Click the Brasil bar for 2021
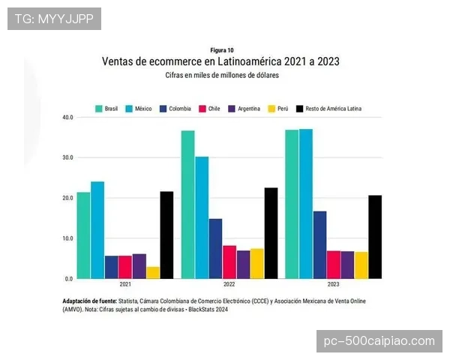coord(83,235)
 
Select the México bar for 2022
coord(202,217)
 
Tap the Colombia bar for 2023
coord(319,244)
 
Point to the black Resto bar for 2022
coord(271,233)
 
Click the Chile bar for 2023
coord(334,265)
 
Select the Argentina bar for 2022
coord(243,265)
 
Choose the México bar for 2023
coord(306,203)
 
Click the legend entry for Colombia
coord(175,109)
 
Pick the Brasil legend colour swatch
coord(98,109)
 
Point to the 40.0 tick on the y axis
coord(68,118)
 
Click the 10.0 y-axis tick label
coord(68,238)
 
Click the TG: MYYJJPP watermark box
coord(54,18)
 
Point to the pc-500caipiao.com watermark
coord(379,340)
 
